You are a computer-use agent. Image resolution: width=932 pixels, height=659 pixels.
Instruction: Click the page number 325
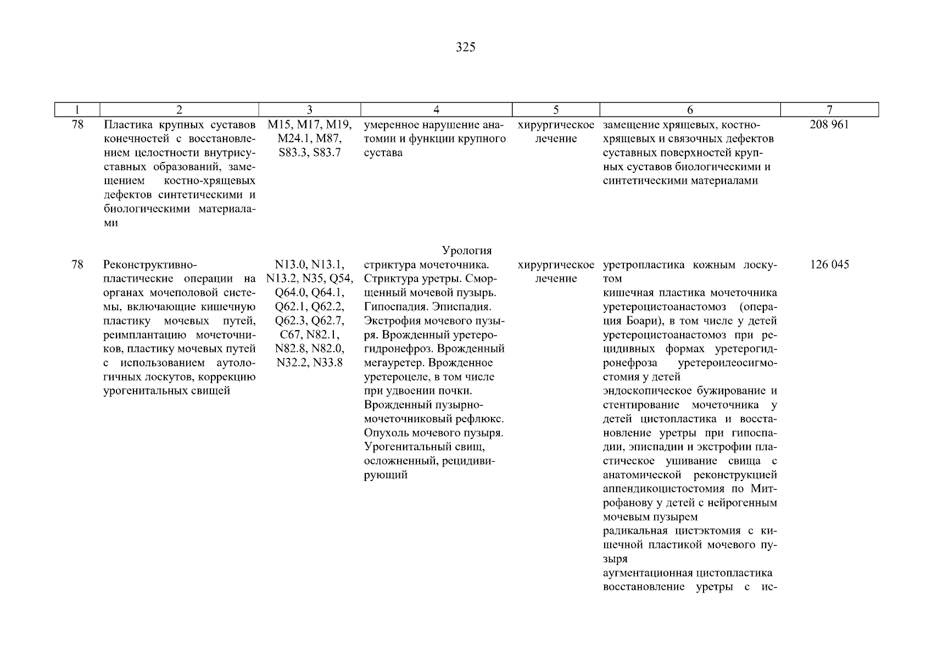coord(465,47)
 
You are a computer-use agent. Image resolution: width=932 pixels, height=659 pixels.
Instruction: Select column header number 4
coord(436,110)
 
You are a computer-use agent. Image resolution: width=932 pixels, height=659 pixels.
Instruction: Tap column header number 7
coord(829,110)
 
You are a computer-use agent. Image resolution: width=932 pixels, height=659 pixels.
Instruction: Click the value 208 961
coord(829,125)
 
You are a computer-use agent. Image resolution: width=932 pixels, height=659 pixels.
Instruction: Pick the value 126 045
coord(829,265)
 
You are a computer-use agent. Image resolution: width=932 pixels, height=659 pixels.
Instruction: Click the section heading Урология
coord(467,251)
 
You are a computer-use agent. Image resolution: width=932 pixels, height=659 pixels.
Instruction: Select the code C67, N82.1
coord(310,335)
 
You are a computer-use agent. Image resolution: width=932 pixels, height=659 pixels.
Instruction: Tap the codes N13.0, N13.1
coord(310,265)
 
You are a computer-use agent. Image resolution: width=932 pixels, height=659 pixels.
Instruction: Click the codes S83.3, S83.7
coord(310,153)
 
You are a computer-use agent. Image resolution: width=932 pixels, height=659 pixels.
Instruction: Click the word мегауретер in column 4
coord(393,363)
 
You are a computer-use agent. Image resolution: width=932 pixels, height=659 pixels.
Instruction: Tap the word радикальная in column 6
coord(635,531)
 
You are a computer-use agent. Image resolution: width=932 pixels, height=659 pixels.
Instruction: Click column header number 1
coord(77,110)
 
